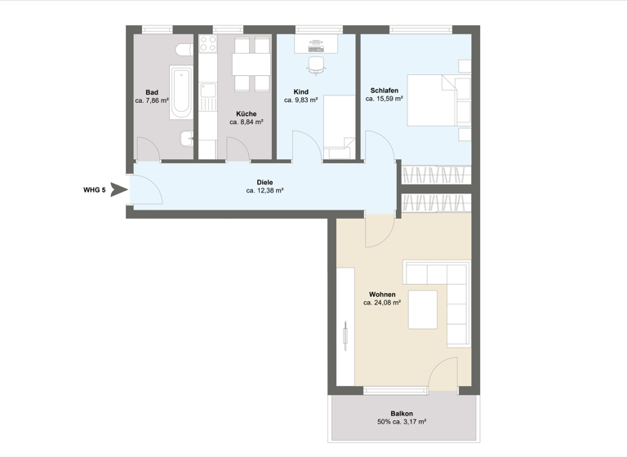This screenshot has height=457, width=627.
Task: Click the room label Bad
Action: tap(152, 91)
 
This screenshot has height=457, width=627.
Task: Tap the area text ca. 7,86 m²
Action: tap(152, 101)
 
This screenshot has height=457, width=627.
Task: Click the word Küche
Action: tap(246, 113)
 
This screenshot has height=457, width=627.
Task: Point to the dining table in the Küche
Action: tap(251, 64)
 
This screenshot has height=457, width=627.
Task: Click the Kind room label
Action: tap(300, 91)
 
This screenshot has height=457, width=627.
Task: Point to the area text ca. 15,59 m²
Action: tap(385, 98)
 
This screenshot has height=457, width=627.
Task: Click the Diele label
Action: tap(265, 182)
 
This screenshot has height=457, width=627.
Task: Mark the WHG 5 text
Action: tap(95, 190)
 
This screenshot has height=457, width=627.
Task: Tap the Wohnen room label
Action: tap(382, 294)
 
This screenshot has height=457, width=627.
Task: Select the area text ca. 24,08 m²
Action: tap(382, 303)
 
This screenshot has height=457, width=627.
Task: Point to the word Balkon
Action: tap(402, 414)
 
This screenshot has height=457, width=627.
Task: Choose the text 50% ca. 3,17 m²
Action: tap(402, 424)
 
